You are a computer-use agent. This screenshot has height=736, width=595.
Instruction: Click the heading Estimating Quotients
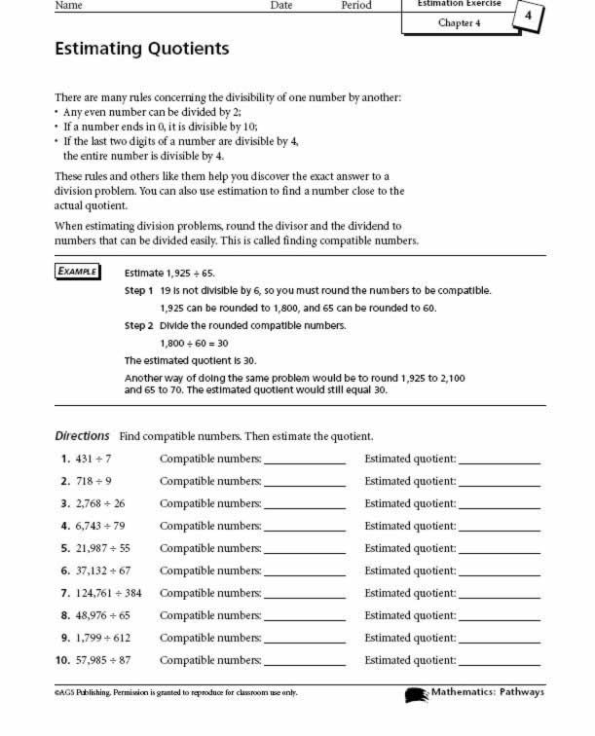[142, 49]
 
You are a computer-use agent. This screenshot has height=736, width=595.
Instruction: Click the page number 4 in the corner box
[529, 17]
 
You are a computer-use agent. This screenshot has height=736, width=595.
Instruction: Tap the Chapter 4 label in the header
[459, 22]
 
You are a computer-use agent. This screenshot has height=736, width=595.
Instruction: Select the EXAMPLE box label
[77, 271]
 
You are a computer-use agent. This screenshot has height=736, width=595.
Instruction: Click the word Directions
[82, 435]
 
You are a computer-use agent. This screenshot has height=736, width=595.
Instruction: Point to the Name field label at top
[67, 5]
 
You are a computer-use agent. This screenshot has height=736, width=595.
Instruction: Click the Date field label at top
[281, 5]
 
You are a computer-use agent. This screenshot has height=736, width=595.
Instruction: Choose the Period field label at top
[356, 5]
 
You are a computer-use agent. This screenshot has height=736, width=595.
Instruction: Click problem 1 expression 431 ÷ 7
[93, 459]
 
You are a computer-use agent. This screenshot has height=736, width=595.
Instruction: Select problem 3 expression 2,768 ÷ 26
[100, 503]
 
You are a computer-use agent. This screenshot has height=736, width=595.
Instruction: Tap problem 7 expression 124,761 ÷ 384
[108, 593]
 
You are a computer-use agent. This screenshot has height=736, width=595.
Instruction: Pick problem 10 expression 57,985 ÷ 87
[103, 660]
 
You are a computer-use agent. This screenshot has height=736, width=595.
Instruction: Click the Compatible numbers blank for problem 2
[304, 483]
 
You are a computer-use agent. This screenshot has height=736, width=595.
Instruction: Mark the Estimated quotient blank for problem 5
[499, 550]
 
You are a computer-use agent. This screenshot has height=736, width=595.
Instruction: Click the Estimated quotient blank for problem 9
[499, 640]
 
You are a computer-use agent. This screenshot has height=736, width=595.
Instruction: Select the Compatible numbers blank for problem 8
[304, 617]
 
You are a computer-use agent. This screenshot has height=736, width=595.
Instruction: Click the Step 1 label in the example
[139, 291]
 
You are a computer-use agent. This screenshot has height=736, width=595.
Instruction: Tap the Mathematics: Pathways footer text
[487, 692]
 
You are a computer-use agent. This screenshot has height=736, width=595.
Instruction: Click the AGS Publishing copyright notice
[175, 693]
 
